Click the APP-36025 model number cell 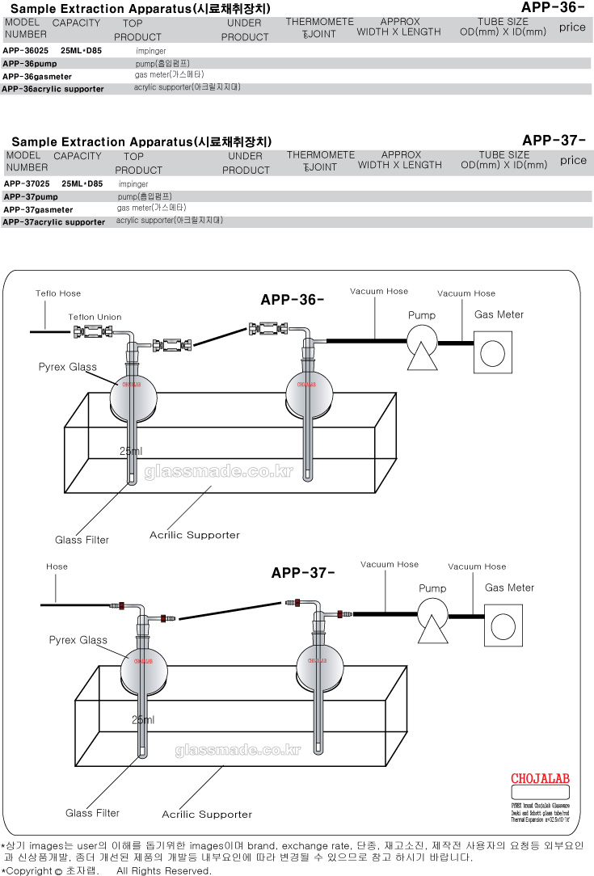coord(25,50)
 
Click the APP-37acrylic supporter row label coord(54,221)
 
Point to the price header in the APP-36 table coord(572,27)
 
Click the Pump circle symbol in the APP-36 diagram coord(421,338)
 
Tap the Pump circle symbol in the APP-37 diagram coord(432,612)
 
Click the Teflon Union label coord(95,318)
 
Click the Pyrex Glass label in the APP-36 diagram coord(68,367)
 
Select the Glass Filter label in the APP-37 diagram coord(93,813)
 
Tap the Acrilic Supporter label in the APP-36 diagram coord(195,535)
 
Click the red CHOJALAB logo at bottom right coord(541,779)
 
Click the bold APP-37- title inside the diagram coord(303,573)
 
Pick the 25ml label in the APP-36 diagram coord(131,451)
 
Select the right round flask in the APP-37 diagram coord(321,665)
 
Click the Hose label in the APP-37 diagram coord(57,567)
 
